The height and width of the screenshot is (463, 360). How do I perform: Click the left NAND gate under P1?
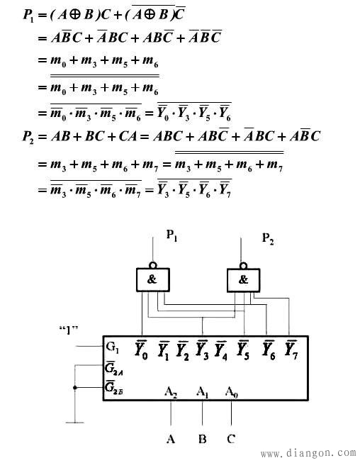(x=153, y=279)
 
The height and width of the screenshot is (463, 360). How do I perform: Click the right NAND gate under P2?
(x=244, y=280)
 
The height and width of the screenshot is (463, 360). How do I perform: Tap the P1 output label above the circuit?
(x=171, y=235)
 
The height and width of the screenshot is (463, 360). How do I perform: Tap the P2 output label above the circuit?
(x=268, y=238)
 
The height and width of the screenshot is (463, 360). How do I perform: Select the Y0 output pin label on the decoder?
(x=141, y=350)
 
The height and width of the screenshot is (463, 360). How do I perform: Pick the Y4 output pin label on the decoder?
(x=220, y=351)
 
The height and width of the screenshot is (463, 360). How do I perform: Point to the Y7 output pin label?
(x=291, y=350)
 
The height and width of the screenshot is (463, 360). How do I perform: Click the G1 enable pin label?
(x=112, y=347)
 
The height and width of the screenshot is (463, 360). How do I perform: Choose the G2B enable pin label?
(x=113, y=387)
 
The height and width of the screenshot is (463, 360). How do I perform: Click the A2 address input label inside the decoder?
(x=171, y=392)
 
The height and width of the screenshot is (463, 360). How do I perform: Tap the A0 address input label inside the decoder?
(x=231, y=392)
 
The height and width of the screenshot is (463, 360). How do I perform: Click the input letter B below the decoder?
(x=203, y=439)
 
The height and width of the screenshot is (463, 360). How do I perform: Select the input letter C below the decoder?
(x=231, y=439)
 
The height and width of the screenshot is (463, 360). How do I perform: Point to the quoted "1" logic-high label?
(x=69, y=330)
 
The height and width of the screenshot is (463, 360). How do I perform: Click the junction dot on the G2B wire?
(x=75, y=387)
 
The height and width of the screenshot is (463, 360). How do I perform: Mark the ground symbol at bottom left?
(x=75, y=423)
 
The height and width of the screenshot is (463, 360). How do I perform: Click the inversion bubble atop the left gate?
(x=153, y=265)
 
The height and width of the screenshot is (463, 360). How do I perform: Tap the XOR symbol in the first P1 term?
(x=75, y=14)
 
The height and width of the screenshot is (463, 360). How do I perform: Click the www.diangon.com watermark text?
(x=309, y=452)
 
